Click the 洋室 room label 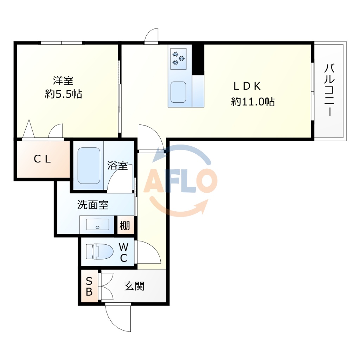pos(63,81)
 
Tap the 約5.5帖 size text pos(63,94)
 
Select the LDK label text pos(247,86)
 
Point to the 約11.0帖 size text pos(253,102)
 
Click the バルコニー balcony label pos(329,90)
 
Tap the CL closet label pos(43,159)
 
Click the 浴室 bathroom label pos(117,166)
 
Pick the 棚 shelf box pos(126,225)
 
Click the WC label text pos(123,252)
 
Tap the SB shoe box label pos(89,286)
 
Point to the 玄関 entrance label pos(134,286)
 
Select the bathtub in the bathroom pos(89,165)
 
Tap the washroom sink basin pos(97,225)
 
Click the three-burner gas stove pos(179,58)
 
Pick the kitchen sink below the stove pos(178,92)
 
